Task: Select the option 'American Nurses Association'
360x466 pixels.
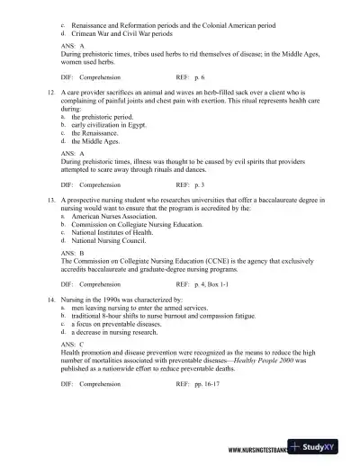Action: pyautogui.click(x=118, y=217)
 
